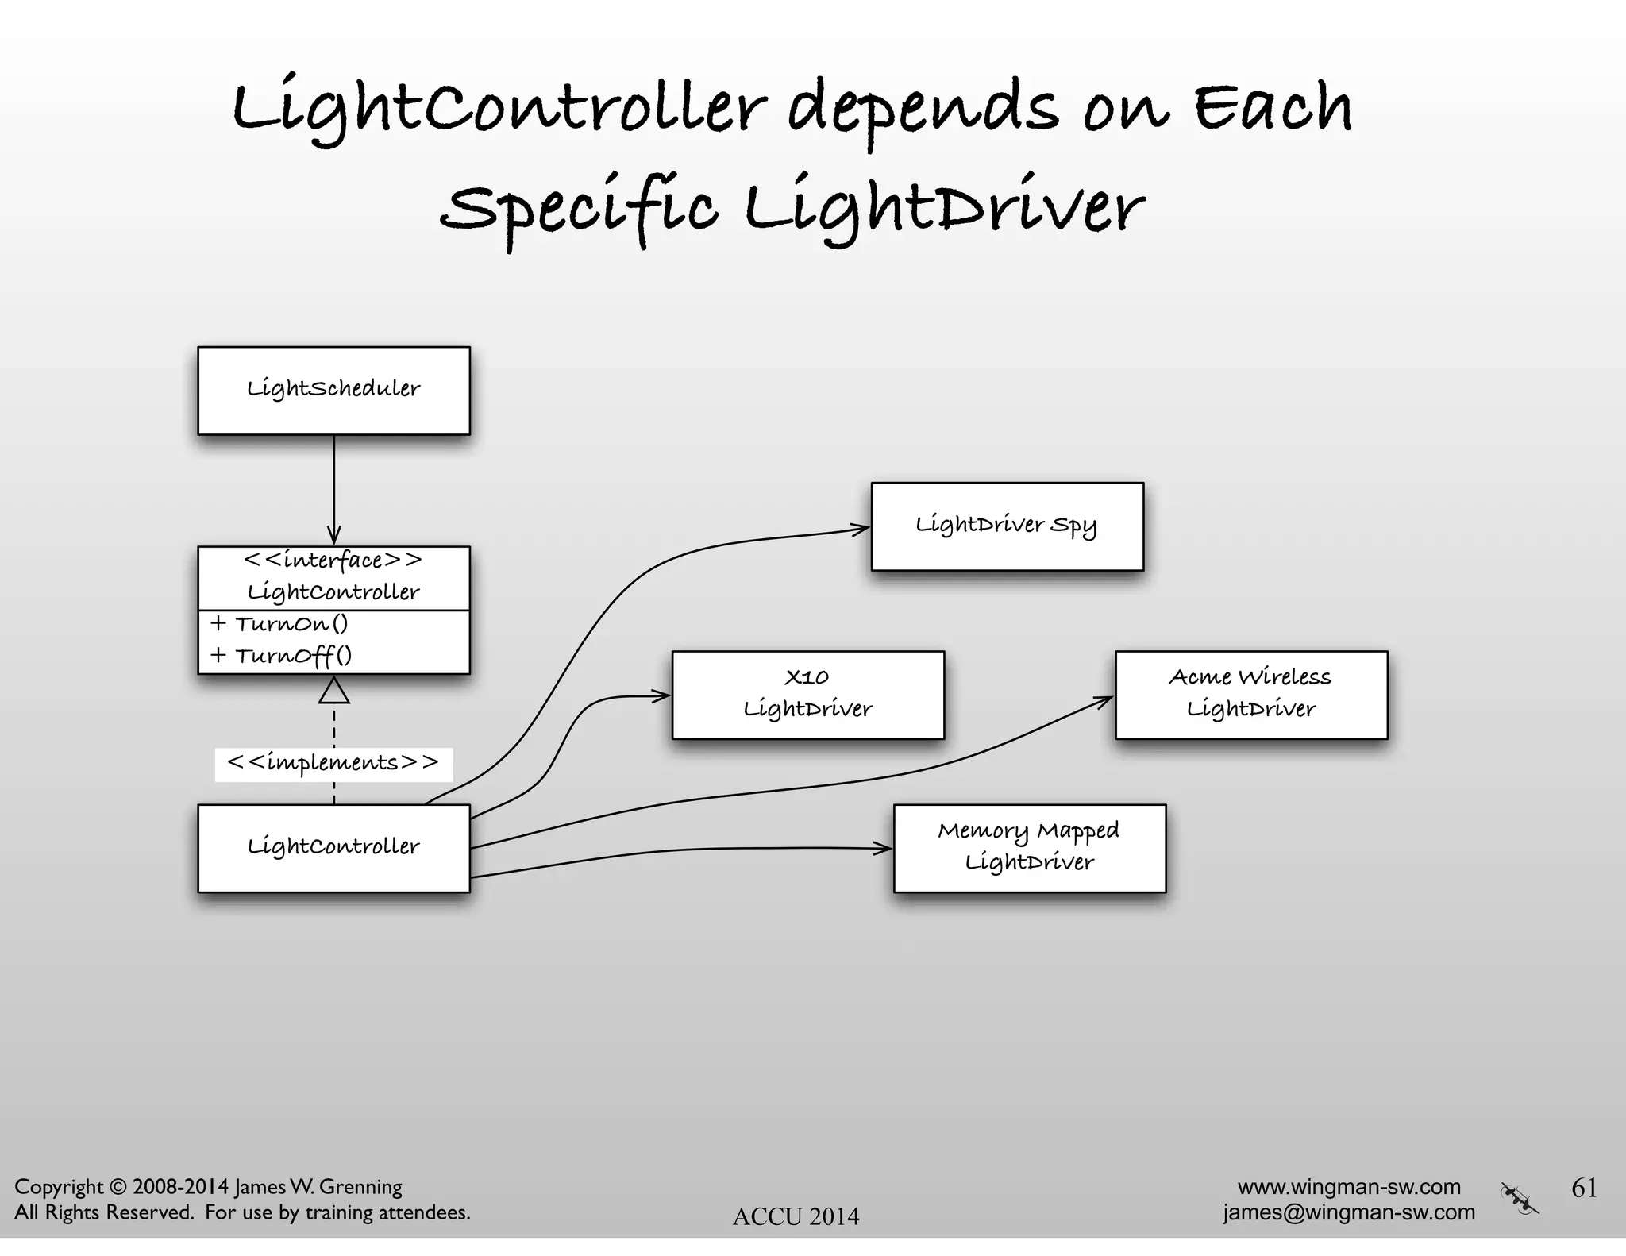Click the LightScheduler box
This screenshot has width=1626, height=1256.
333,391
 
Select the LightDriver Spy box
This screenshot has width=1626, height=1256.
1007,526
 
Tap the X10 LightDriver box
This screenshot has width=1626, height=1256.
807,695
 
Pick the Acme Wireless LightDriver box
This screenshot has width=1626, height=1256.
1250,695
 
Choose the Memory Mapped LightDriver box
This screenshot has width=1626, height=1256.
1029,848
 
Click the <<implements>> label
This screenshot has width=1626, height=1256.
333,764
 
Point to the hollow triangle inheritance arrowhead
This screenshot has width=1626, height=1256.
333,691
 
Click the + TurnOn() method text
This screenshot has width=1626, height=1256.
279,624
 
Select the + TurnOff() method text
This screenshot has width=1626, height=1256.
281,656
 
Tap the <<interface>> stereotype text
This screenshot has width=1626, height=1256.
333,561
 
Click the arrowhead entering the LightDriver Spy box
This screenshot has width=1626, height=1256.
862,528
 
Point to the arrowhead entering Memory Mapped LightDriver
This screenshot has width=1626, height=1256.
884,849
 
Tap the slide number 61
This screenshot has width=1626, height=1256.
1584,1188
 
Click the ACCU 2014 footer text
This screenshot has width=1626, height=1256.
796,1216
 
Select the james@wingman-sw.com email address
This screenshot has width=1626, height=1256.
1348,1212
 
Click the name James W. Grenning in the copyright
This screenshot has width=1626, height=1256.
318,1187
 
